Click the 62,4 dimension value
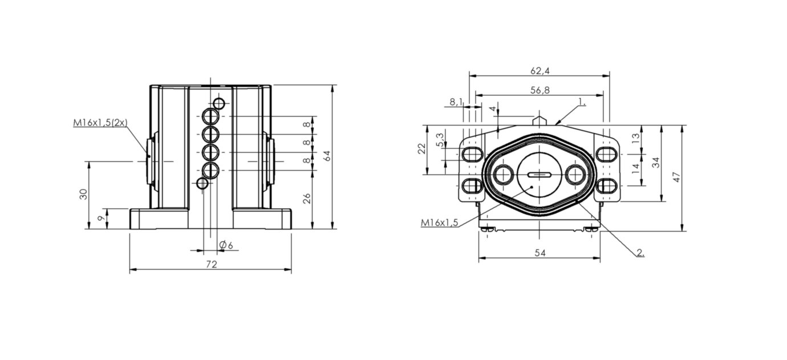point(540,71)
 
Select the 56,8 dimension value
point(540,90)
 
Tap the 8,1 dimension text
point(456,102)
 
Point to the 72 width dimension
point(212,264)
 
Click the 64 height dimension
point(327,156)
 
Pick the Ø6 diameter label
point(226,245)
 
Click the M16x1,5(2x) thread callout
point(100,123)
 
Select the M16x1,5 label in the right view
point(440,223)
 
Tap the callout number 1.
point(582,102)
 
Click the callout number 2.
point(640,252)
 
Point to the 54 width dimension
point(540,253)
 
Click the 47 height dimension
point(677,177)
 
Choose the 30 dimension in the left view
point(83,194)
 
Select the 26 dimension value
point(307,199)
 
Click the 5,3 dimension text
point(440,140)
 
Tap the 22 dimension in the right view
point(422,149)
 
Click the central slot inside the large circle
point(538,175)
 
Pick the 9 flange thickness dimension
point(102,219)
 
